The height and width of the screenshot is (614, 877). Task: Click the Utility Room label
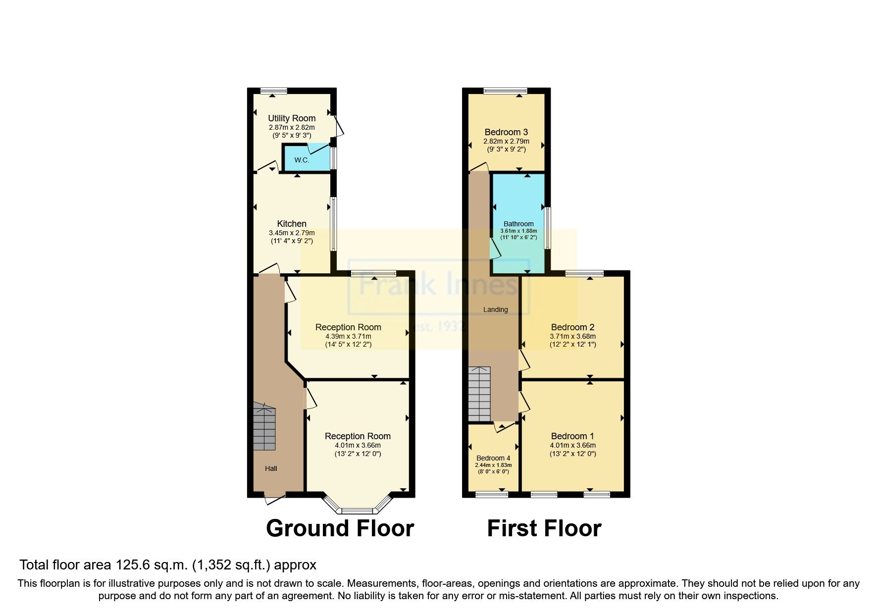(292, 118)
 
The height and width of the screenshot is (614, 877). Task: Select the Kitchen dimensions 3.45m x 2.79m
(292, 233)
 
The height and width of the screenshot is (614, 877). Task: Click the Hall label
(271, 468)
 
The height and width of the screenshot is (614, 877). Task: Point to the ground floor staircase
(264, 427)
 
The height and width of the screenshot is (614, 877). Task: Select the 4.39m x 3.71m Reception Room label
(348, 327)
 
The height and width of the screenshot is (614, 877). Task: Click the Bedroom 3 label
(506, 132)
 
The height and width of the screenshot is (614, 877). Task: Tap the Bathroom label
(518, 224)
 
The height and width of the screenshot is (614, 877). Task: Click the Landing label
(496, 309)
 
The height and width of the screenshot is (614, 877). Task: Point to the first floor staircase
(479, 394)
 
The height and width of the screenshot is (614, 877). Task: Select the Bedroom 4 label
(493, 458)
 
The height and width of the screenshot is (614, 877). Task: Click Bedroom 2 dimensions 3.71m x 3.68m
(572, 336)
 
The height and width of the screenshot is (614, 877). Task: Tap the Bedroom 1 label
(572, 436)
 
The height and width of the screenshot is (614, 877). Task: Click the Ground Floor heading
(340, 528)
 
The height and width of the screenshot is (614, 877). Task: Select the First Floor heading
(544, 528)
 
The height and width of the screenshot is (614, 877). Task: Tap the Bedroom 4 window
(492, 494)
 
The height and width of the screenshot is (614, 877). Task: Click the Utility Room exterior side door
(338, 126)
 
